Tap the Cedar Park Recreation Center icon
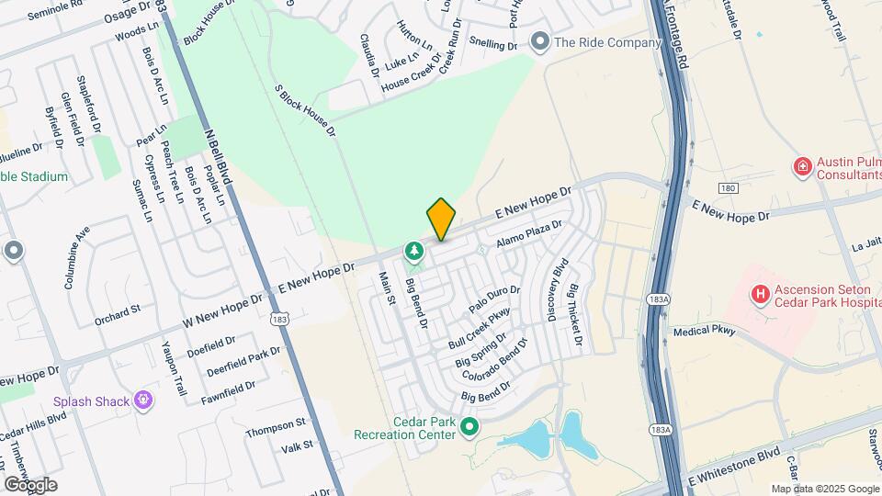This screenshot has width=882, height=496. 469,425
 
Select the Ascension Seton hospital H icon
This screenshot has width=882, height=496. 760,294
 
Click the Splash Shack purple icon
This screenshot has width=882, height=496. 142,400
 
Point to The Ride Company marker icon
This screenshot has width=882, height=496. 540,41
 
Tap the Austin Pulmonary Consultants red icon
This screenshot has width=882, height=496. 802,166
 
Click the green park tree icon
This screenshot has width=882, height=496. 414,250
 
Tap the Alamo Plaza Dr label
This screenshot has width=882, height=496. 528,232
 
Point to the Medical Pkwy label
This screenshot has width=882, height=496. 705,332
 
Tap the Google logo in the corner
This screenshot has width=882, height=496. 29,484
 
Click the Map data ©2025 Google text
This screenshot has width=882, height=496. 825,489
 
